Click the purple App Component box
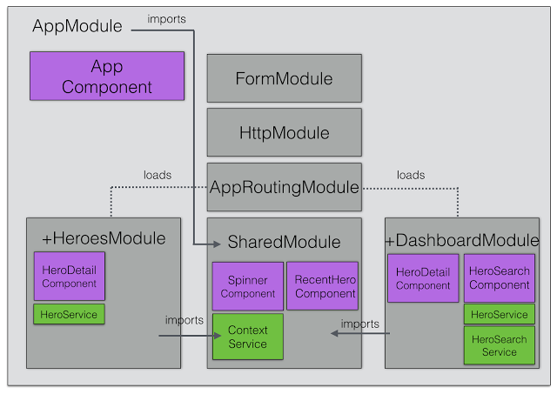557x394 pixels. (x=107, y=77)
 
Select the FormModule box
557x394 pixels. (x=284, y=78)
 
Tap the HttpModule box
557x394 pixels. (x=284, y=133)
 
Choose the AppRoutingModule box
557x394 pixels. (x=284, y=187)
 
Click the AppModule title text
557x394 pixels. (x=77, y=26)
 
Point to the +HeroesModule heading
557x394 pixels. (x=104, y=238)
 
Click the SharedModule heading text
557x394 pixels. (x=284, y=242)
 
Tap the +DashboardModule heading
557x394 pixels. (x=461, y=241)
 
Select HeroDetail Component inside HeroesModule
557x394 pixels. (x=68, y=277)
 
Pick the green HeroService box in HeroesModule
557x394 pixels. (x=69, y=313)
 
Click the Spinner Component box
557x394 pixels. (x=248, y=286)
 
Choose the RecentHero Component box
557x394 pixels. (x=322, y=286)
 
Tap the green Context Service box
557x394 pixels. (x=247, y=337)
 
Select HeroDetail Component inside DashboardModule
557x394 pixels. (x=423, y=278)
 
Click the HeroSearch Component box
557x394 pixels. (x=499, y=278)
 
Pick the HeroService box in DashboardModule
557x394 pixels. (x=499, y=314)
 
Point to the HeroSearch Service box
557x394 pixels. (x=499, y=345)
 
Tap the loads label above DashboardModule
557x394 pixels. (x=411, y=175)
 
